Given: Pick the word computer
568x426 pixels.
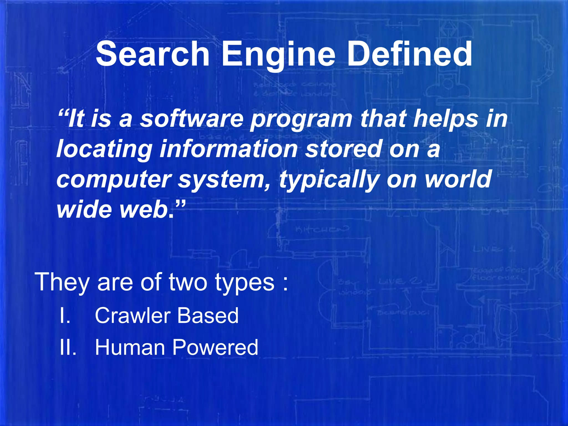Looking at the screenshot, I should [x=114, y=180].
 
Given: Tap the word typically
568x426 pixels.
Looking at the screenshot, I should [x=329, y=180].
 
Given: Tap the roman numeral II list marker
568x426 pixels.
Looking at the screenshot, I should [x=68, y=347].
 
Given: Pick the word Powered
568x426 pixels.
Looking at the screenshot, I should [x=215, y=347].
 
